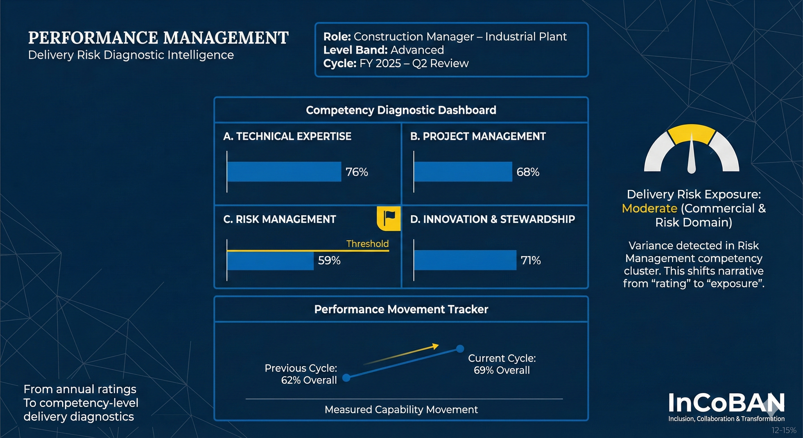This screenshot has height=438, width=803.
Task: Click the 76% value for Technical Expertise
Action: tap(357, 172)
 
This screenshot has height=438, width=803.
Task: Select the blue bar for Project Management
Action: tap(463, 171)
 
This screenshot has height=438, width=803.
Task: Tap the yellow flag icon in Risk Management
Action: tap(389, 218)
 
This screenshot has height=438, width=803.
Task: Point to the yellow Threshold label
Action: tap(367, 244)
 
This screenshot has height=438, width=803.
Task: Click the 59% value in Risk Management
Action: tap(329, 260)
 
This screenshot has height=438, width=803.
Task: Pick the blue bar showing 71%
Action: tap(465, 260)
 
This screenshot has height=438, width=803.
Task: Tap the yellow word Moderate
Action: tap(649, 208)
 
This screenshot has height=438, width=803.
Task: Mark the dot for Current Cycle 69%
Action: tap(460, 348)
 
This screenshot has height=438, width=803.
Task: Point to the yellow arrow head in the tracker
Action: tap(435, 346)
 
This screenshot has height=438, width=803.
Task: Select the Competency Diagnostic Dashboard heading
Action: tap(401, 110)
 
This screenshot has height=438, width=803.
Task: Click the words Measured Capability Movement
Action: tap(401, 409)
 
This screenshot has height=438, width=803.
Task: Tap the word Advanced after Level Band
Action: tap(417, 50)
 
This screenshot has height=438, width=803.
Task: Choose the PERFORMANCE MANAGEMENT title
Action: tap(158, 38)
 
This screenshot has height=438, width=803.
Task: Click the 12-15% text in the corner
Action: tap(784, 430)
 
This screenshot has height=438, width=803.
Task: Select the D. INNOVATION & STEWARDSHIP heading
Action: tap(492, 219)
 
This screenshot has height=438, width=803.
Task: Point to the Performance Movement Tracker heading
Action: tap(401, 309)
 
